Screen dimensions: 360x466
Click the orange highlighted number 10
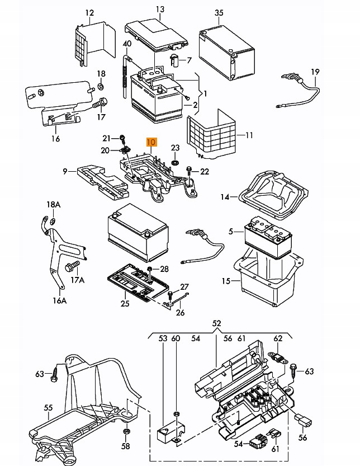151,142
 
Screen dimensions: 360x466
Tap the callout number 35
219,13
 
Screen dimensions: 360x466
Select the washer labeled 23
175,163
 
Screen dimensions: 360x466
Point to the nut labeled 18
101,86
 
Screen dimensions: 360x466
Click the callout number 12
89,13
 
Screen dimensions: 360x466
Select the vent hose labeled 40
126,76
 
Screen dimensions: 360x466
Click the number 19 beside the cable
315,72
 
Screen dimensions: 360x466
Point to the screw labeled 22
188,171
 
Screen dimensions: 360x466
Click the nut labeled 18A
53,221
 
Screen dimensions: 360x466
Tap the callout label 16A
60,301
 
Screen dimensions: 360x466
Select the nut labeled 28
150,269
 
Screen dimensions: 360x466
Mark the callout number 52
217,323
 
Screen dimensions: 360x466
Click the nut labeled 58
126,431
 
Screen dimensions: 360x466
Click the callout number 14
225,197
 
